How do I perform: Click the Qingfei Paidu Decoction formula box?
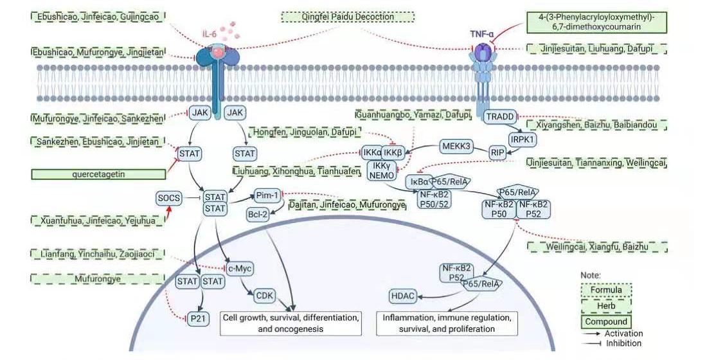(348, 17)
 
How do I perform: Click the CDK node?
(264, 296)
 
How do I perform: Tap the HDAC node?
(402, 296)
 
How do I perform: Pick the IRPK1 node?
(523, 138)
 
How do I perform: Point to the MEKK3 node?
(456, 147)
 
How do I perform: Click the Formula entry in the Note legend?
(605, 289)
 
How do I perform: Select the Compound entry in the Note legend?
(605, 321)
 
